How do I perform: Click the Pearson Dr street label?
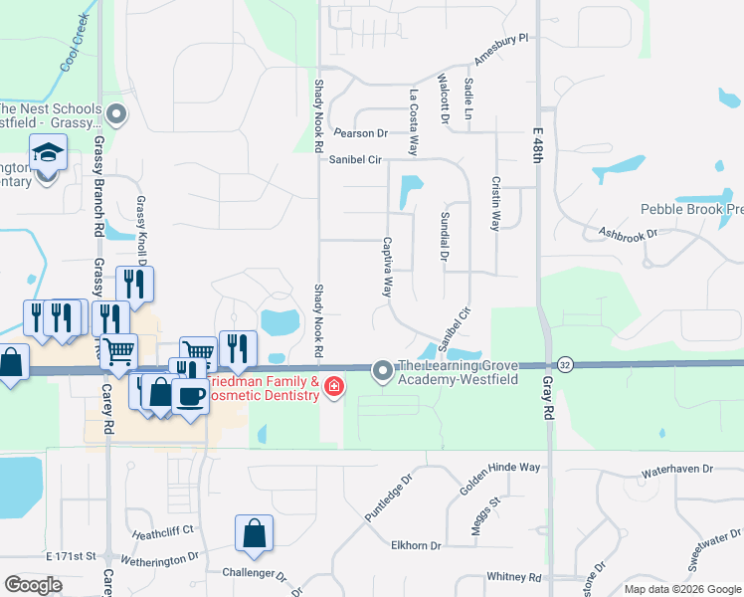coord(360,132)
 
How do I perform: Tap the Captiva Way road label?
coord(388,267)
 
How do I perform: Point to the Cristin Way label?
coord(494,204)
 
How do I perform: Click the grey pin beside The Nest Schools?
coord(116,114)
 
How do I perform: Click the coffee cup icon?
coord(190,395)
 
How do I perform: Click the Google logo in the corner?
coord(34,584)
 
